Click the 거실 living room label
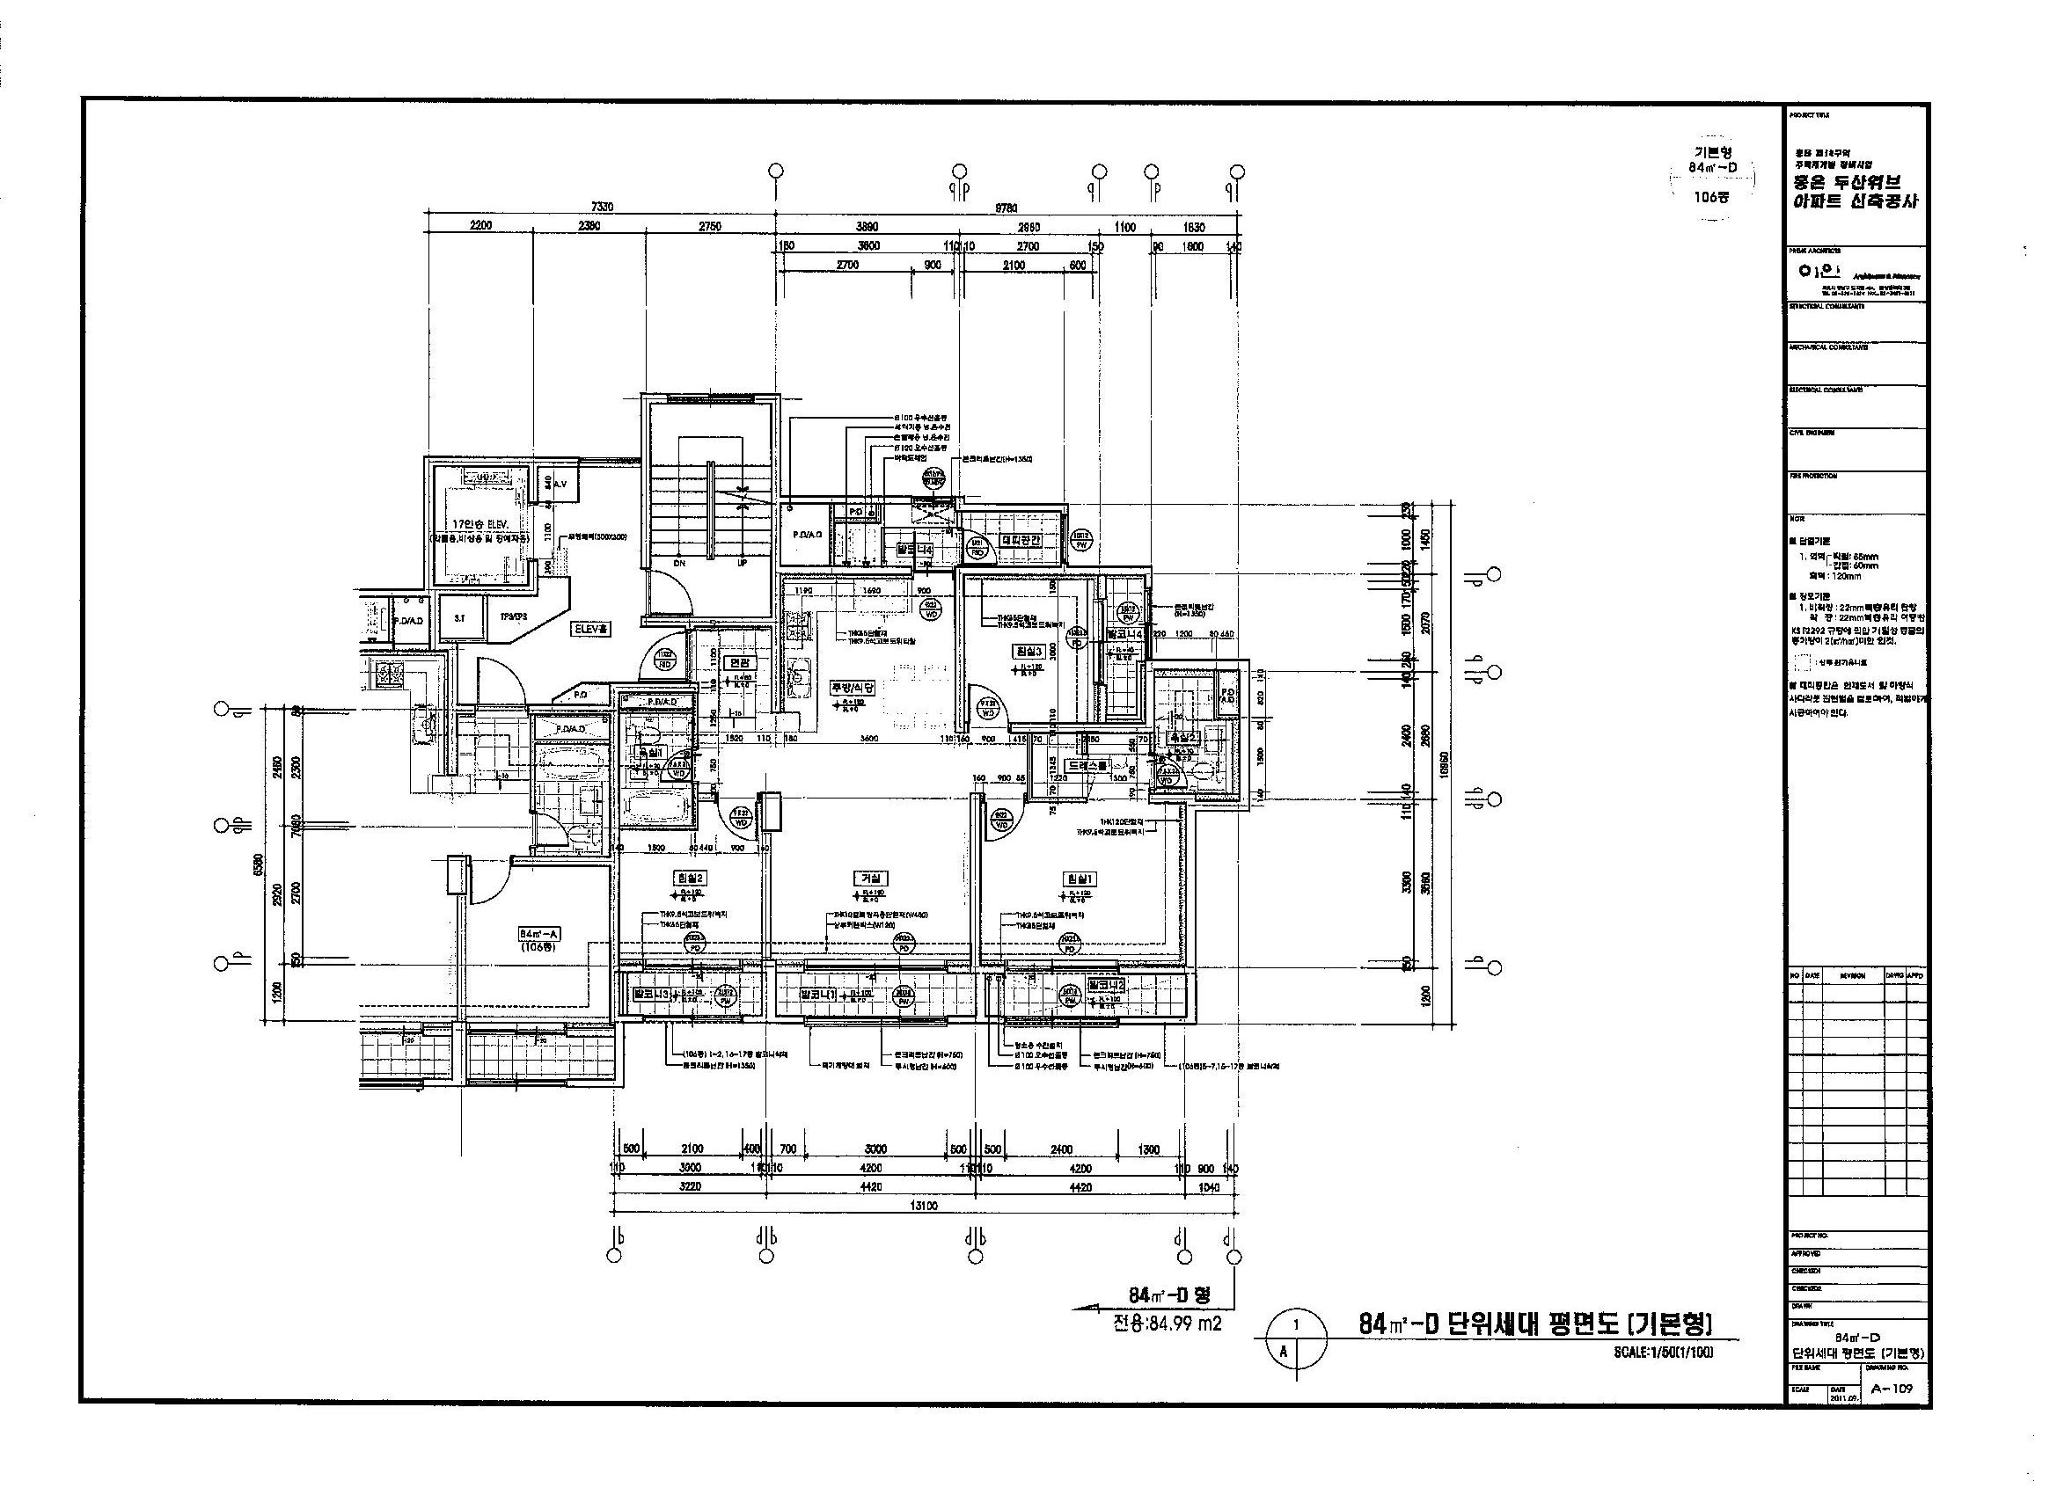point(870,878)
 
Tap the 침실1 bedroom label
point(1081,878)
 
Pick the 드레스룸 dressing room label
point(1087,765)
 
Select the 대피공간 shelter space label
point(1021,539)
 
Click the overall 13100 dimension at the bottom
point(923,1206)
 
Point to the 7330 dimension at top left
point(601,207)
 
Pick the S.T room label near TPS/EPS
point(460,616)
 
